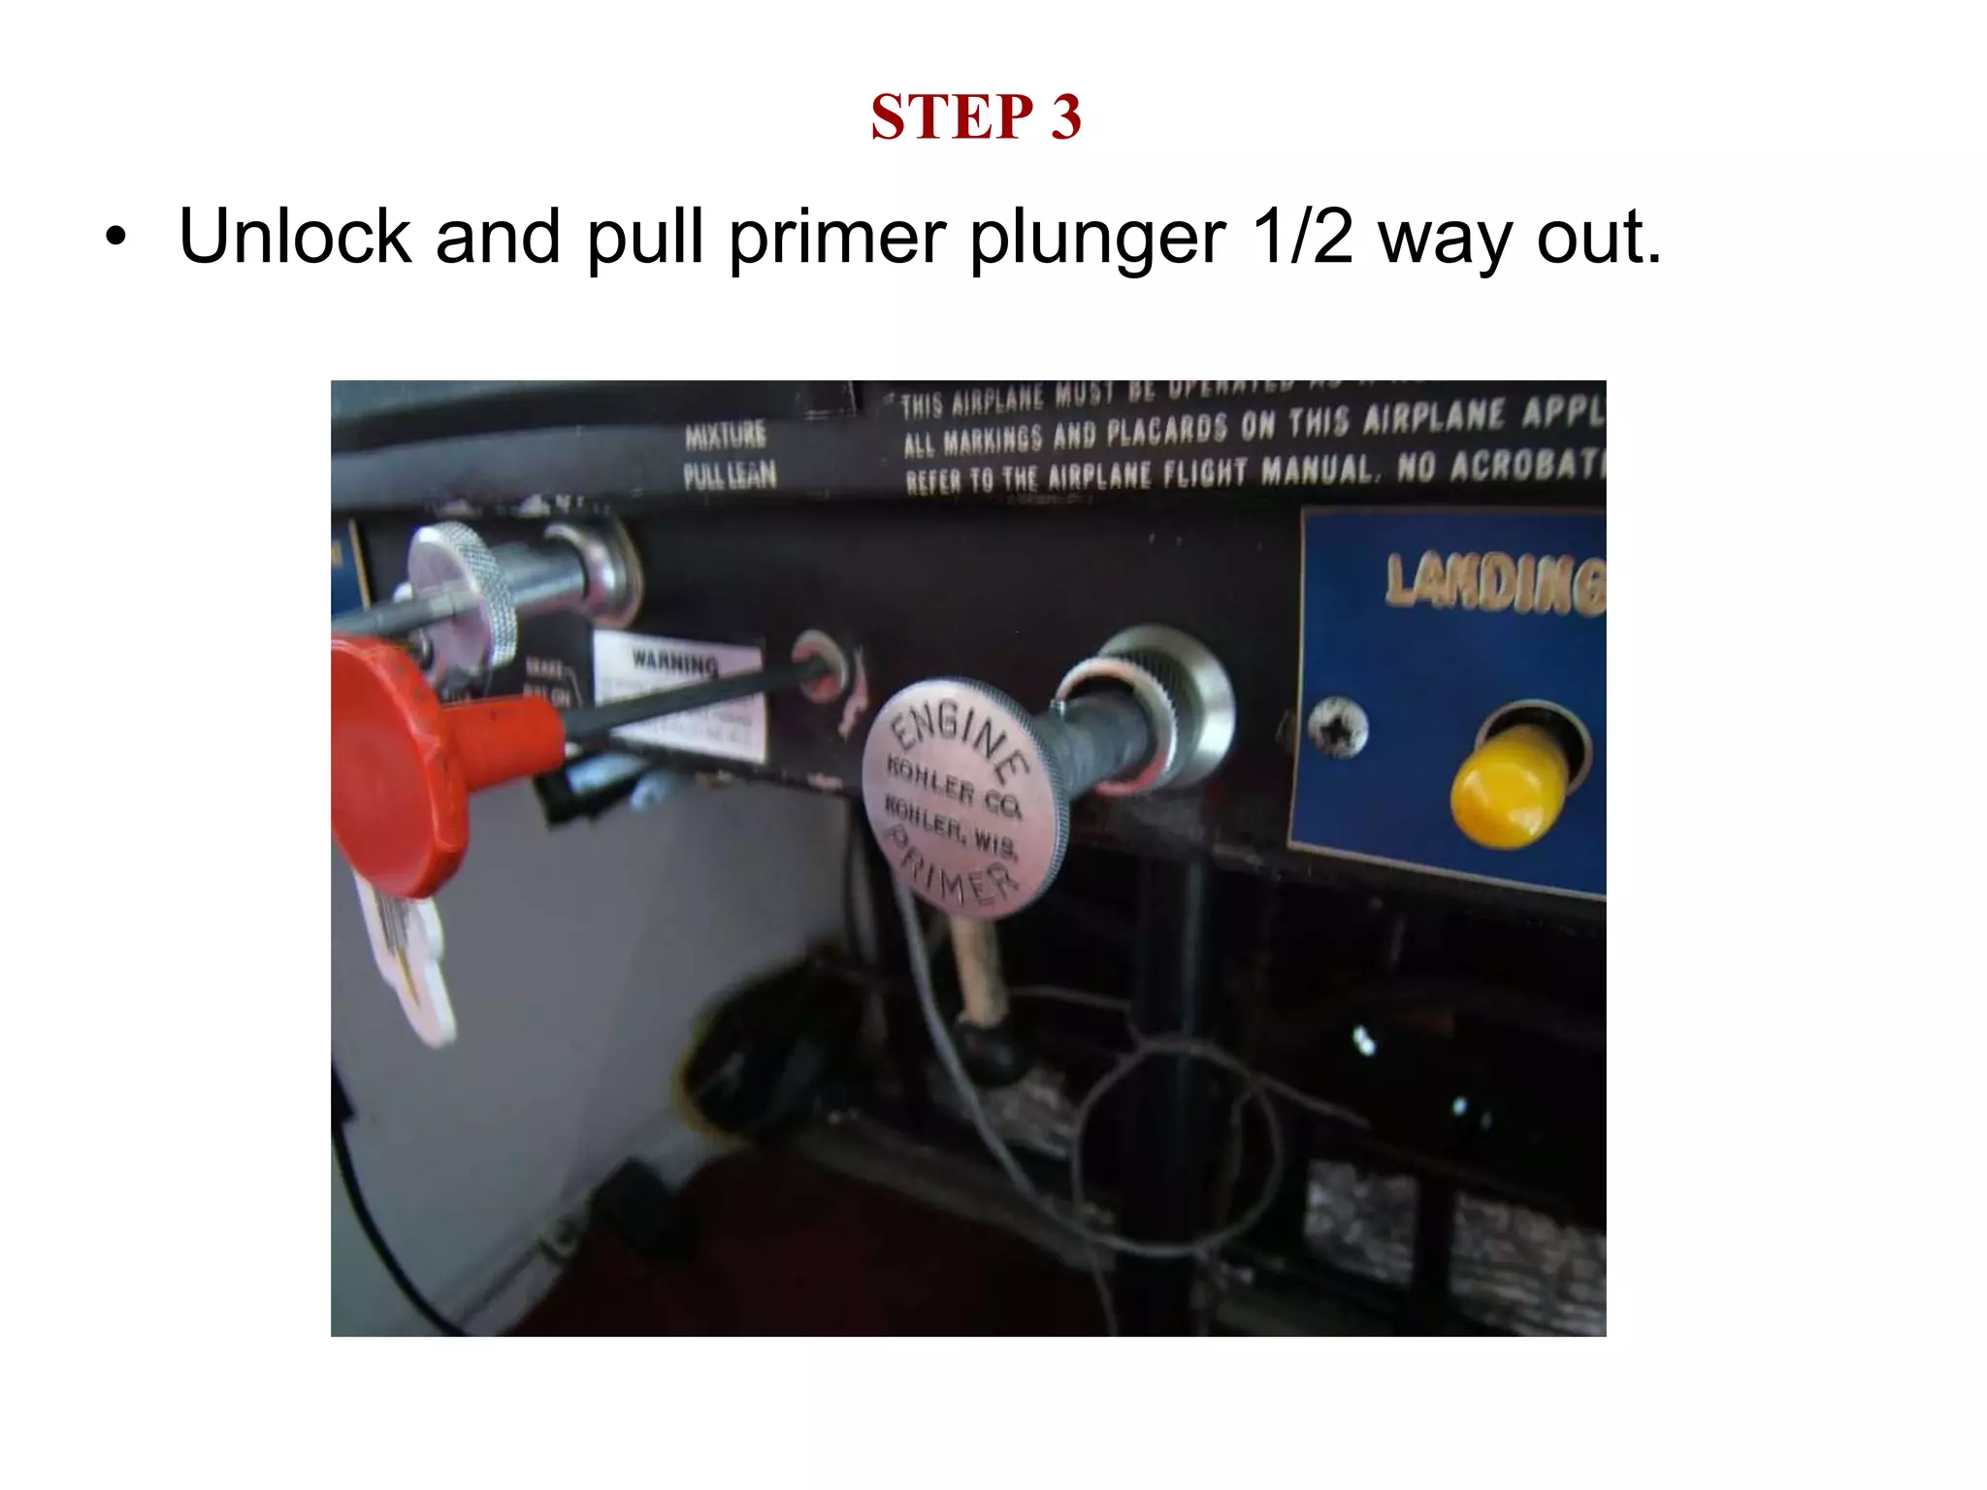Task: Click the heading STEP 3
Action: pos(975,117)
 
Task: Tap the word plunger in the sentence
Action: pos(1097,237)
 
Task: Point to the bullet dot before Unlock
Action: pos(115,237)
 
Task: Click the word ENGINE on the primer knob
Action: pos(961,737)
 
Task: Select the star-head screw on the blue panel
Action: pos(1337,729)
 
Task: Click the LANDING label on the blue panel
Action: pos(1494,582)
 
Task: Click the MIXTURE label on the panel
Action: pos(725,436)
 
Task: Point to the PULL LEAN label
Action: pos(730,475)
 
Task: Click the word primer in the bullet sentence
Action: pos(837,237)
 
